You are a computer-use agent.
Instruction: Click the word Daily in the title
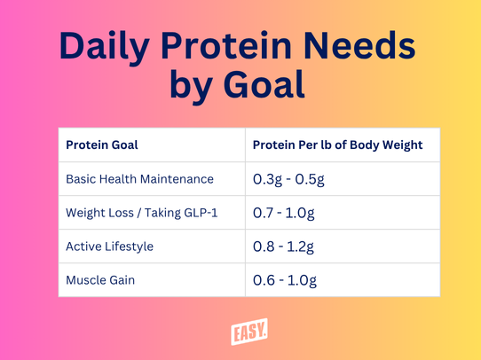tap(105, 47)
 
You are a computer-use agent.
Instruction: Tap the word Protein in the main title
tap(226, 45)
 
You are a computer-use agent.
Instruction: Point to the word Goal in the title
tap(264, 83)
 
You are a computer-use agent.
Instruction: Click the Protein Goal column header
tap(102, 145)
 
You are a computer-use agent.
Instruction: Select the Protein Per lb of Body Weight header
tap(338, 145)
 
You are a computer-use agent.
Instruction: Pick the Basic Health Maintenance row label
tap(139, 179)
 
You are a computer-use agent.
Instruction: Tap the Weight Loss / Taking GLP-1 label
tap(142, 213)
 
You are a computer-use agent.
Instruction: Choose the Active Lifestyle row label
tap(109, 247)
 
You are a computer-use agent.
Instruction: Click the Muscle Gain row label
tap(100, 280)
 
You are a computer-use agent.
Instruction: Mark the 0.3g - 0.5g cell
tap(288, 179)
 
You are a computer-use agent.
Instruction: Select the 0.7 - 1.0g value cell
tap(284, 213)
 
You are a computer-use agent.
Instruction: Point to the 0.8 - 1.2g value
tap(283, 247)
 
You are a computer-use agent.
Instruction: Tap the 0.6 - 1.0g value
tap(285, 281)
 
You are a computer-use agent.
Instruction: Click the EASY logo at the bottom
tap(249, 332)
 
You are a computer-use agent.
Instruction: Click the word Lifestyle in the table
tap(129, 247)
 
